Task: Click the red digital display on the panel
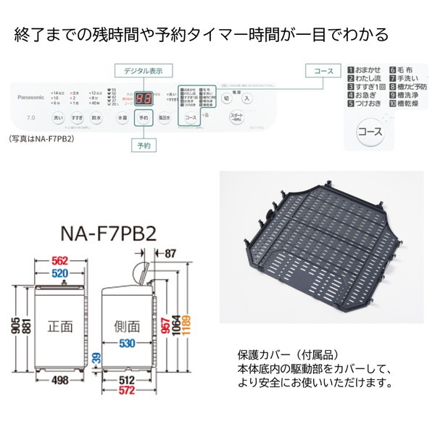(x=144, y=98)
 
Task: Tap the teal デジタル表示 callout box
(x=143, y=70)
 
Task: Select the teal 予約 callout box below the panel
(x=144, y=146)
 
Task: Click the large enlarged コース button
(x=371, y=133)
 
